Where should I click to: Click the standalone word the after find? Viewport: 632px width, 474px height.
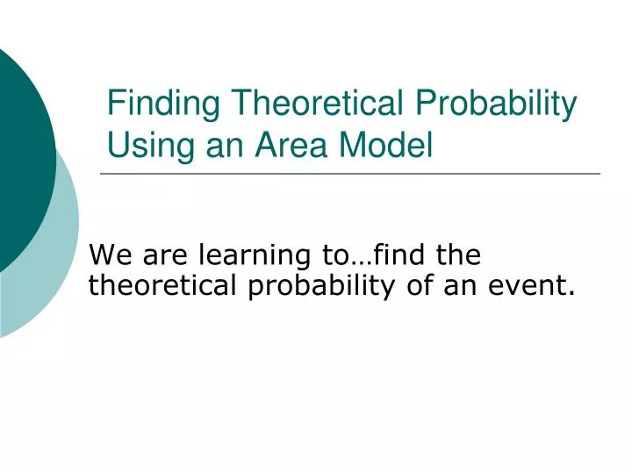pyautogui.click(x=458, y=256)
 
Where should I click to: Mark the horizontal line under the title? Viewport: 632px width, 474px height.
pyautogui.click(x=351, y=174)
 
